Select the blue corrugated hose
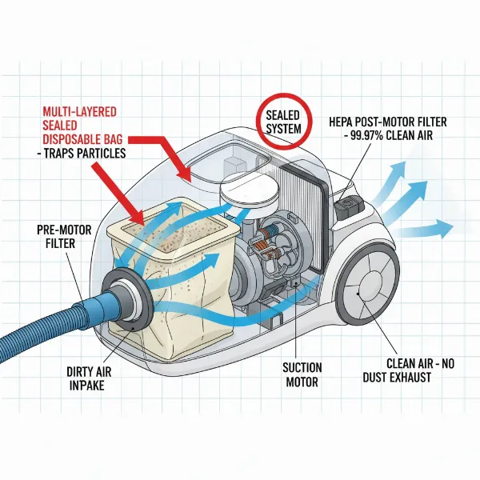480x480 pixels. [48, 312]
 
